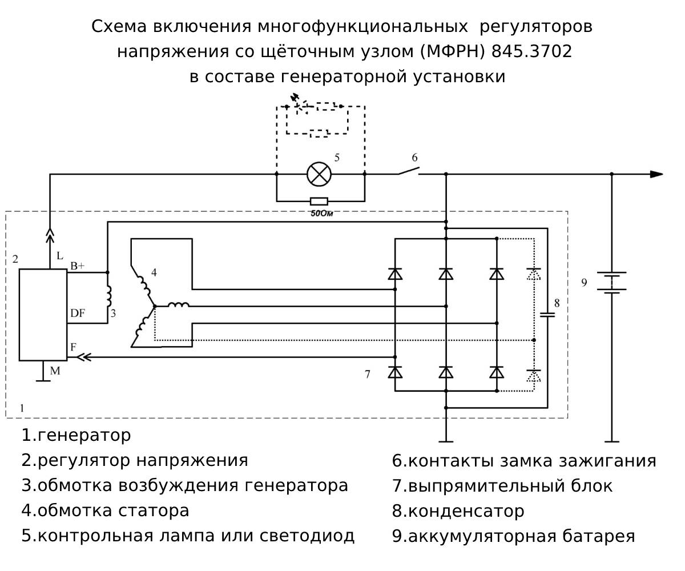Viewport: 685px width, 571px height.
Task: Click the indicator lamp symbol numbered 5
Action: pos(319,174)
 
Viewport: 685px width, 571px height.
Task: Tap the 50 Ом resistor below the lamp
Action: pos(319,201)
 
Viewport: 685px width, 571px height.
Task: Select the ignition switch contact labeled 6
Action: pos(409,171)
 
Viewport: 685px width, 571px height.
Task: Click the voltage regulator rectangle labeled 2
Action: pos(43,315)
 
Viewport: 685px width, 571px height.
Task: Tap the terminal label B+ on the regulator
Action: pos(78,266)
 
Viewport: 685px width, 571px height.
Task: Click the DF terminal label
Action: pos(78,313)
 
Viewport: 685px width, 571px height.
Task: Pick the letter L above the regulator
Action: pos(61,257)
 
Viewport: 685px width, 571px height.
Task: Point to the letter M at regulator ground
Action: pos(55,371)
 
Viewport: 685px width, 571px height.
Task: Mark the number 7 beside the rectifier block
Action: pos(368,375)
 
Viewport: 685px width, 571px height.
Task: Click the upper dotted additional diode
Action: pos(534,274)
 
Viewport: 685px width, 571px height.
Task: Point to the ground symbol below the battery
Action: pos(612,441)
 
